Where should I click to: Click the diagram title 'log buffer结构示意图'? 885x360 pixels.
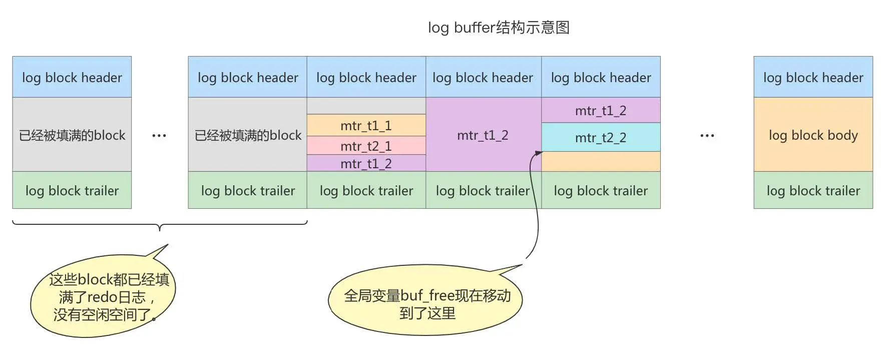(x=499, y=28)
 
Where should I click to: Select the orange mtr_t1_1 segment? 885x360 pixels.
(x=366, y=125)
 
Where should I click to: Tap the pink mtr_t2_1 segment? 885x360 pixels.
(x=366, y=146)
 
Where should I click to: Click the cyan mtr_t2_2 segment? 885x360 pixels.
(x=601, y=138)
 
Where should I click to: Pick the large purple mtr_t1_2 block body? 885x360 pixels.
(x=483, y=135)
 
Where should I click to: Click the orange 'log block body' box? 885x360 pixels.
(x=813, y=135)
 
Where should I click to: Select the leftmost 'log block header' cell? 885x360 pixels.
(x=72, y=77)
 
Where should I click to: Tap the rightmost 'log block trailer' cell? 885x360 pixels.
(x=813, y=190)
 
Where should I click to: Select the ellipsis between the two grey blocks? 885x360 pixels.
(x=159, y=136)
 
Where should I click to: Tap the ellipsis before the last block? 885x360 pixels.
(x=707, y=136)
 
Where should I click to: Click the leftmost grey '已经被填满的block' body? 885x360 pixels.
(x=72, y=135)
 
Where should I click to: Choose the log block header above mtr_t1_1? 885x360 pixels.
(x=366, y=77)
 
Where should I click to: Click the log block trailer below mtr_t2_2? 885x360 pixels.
(x=601, y=190)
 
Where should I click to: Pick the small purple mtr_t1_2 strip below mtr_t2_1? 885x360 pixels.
(x=366, y=164)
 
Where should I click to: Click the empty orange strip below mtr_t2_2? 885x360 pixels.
(x=601, y=162)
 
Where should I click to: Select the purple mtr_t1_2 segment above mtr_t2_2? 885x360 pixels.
(x=601, y=110)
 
